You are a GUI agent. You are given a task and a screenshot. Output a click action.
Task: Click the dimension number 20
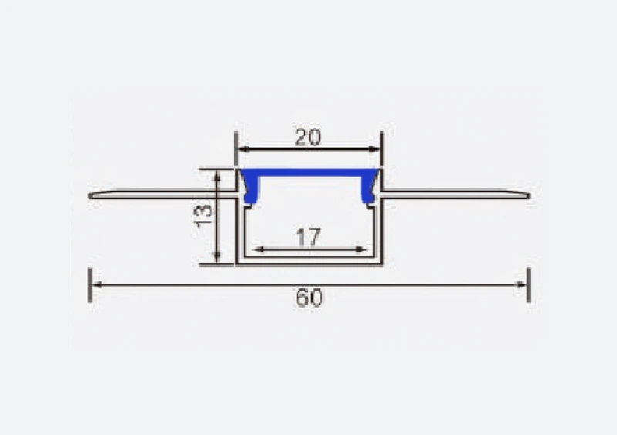pos(308,137)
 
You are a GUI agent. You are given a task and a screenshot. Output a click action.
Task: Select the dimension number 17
pos(308,238)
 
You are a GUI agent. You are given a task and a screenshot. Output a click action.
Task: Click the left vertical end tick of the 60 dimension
pos(90,284)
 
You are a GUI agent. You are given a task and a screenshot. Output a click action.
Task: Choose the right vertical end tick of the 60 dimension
pos(528,284)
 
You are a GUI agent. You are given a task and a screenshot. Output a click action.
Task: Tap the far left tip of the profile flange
pos(91,196)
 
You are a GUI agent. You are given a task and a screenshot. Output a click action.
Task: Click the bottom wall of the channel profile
pos(308,262)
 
